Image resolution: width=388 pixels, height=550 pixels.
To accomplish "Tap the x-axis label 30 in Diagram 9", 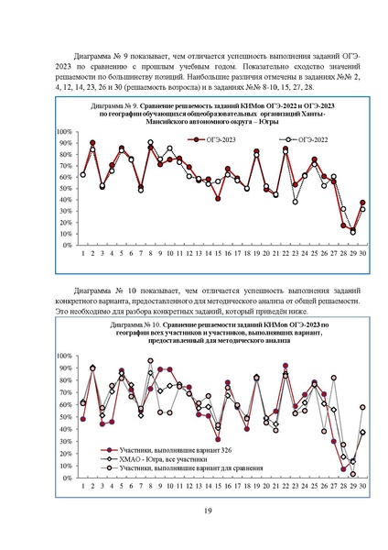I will [363, 253].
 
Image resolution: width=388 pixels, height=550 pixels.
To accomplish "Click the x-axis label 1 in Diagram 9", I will [82, 253].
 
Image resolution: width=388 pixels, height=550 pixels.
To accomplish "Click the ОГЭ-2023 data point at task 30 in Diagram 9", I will [363, 203].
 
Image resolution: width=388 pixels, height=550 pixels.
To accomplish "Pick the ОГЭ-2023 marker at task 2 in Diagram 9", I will [92, 143].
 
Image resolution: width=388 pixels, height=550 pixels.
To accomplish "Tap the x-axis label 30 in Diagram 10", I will [363, 485].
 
